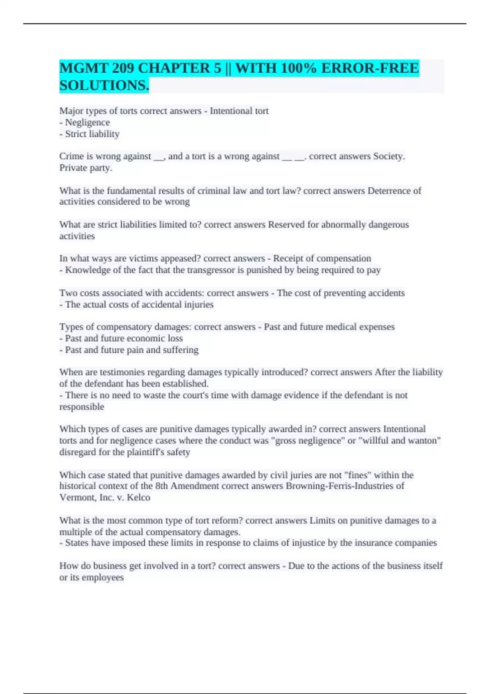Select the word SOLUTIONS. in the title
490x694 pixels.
[104, 85]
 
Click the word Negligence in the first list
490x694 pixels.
[87, 122]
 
